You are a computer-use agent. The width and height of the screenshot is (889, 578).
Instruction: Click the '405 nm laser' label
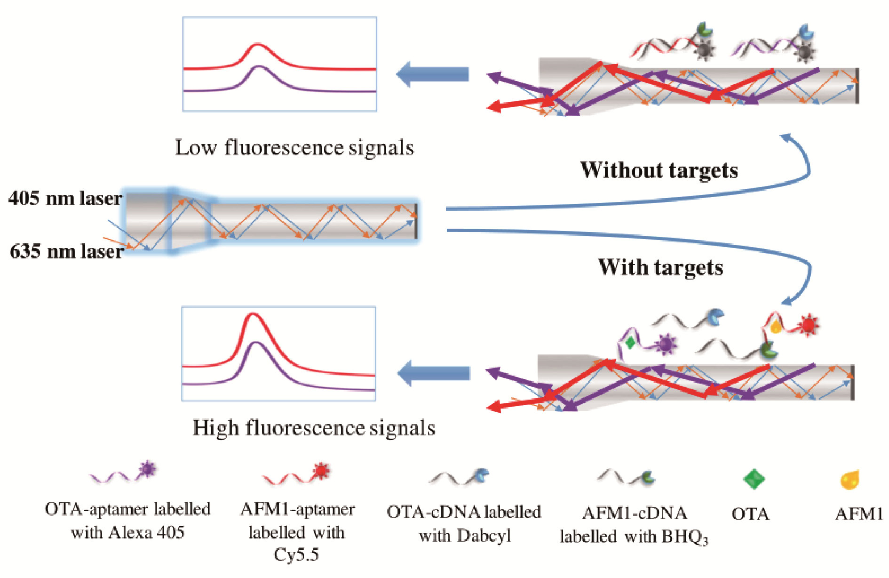click(65, 198)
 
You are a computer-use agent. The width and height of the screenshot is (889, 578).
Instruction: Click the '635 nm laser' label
click(66, 251)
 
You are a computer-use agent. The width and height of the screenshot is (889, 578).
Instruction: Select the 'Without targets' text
click(659, 170)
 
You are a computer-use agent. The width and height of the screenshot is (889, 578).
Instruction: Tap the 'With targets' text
click(660, 267)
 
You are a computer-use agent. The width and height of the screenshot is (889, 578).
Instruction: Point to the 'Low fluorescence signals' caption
click(294, 147)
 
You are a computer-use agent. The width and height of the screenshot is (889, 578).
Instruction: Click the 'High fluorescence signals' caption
click(314, 428)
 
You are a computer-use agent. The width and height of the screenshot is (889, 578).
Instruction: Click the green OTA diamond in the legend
click(754, 479)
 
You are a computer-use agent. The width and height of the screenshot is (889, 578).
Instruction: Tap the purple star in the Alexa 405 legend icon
click(148, 469)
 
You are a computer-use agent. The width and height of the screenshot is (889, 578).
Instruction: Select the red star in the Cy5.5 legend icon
click(321, 470)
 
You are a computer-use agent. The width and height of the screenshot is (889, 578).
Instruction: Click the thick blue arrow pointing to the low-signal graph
click(432, 74)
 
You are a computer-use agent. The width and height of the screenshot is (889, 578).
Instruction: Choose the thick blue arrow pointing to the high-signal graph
click(433, 373)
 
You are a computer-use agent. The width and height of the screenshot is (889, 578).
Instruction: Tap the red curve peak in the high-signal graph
click(253, 314)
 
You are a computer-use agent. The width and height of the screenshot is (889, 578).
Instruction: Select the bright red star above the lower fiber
click(808, 325)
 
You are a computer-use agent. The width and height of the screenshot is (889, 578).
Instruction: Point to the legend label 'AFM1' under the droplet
click(859, 514)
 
